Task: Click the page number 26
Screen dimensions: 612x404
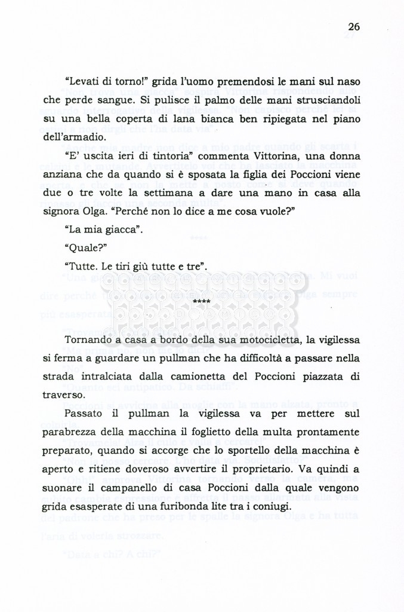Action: (354, 26)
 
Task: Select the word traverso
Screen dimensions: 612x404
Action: (64, 396)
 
